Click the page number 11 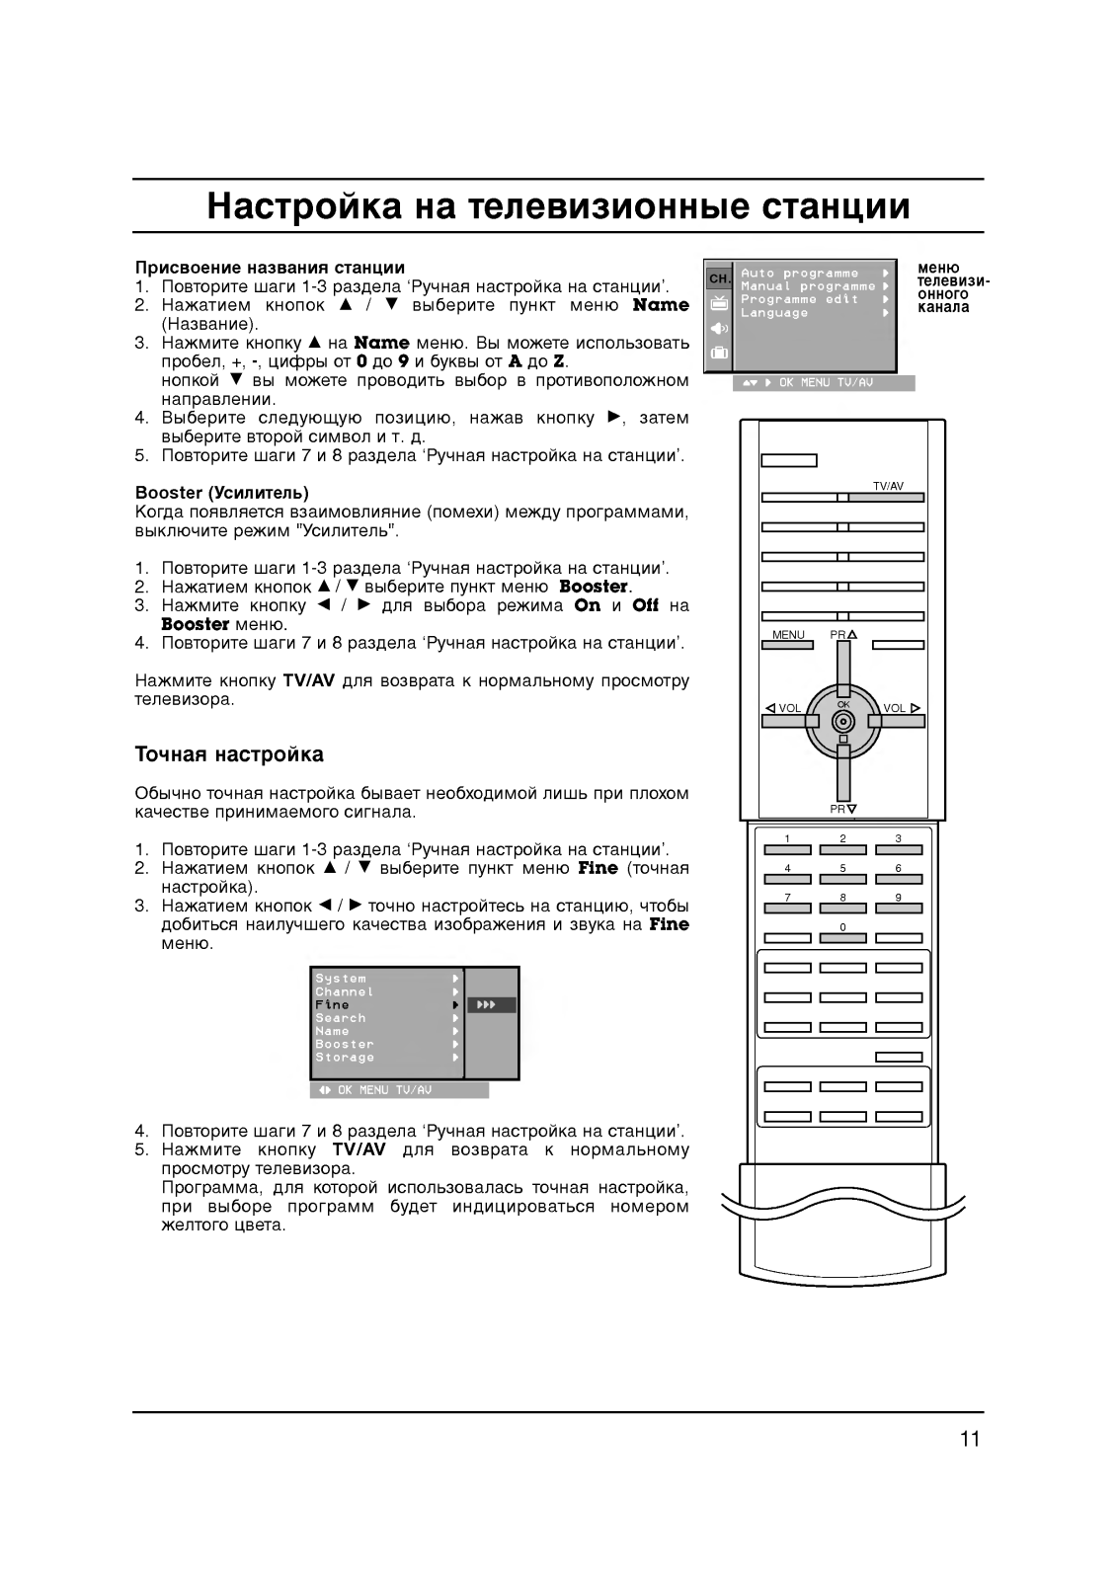pos(969,1439)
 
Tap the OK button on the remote pos(843,720)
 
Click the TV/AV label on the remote pos(887,486)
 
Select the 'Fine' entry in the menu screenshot pos(333,1005)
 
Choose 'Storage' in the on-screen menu pos(345,1058)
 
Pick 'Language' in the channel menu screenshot pos(774,313)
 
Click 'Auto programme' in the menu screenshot pos(799,274)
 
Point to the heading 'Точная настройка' pos(229,755)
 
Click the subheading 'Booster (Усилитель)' pos(221,493)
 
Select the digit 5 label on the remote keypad pos(842,868)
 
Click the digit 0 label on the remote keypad pos(842,927)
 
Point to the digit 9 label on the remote pos(898,898)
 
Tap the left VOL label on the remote pos(784,708)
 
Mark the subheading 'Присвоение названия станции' pos(270,268)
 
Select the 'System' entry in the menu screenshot pos(341,980)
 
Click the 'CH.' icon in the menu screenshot pos(719,278)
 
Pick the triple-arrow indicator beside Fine pos(486,1005)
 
